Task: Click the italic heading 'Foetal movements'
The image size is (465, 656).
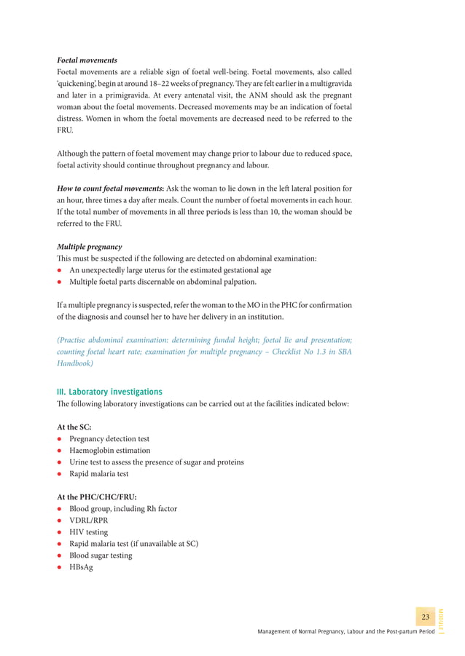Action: click(87, 60)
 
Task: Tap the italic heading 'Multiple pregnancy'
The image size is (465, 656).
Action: click(89, 247)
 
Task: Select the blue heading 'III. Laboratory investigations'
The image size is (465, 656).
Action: click(109, 392)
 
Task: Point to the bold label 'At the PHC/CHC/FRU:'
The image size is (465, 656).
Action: click(96, 497)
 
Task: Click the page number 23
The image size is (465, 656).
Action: click(424, 617)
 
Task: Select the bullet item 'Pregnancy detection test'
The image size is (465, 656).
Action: click(109, 439)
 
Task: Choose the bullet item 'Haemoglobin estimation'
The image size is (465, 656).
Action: click(109, 451)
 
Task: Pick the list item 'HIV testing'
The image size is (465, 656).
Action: click(88, 532)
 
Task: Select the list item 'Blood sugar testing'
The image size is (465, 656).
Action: click(101, 556)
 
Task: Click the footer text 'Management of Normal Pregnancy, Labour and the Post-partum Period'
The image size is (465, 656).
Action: click(345, 633)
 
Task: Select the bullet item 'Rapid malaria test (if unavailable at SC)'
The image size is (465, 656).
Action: click(133, 544)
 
